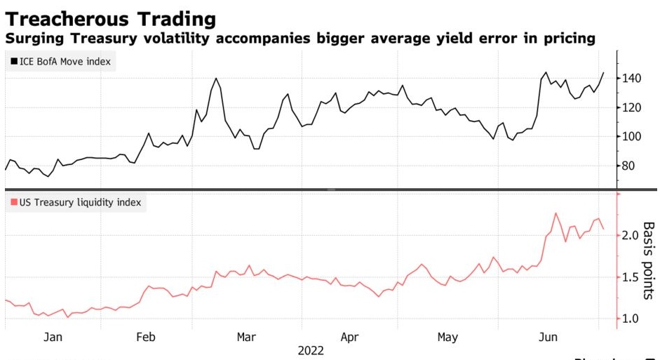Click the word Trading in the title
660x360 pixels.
click(x=177, y=17)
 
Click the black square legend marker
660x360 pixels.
click(x=14, y=62)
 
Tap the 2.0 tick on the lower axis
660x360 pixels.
click(x=630, y=234)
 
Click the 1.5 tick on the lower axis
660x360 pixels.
click(x=630, y=277)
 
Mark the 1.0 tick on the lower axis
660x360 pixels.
click(x=630, y=319)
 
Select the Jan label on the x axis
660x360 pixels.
click(x=53, y=337)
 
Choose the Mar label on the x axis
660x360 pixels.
click(x=246, y=337)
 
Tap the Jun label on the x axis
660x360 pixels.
click(x=547, y=337)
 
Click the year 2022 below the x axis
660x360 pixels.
click(x=311, y=350)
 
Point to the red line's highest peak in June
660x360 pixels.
click(x=555, y=213)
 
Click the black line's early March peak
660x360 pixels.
click(x=216, y=79)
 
